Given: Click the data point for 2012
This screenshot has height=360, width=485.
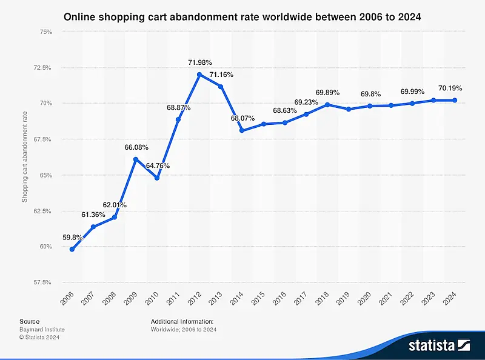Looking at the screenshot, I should click(x=199, y=75).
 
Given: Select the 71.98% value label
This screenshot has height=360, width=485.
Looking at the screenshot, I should click(x=199, y=62).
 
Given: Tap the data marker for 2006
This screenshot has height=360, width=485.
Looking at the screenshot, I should click(x=72, y=249).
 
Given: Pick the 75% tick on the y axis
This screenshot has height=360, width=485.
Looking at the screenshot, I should click(x=44, y=32).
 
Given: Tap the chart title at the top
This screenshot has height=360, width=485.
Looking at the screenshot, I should click(x=242, y=17).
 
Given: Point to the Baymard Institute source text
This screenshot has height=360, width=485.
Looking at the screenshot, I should click(x=42, y=330).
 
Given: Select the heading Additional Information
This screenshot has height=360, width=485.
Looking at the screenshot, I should click(x=182, y=321).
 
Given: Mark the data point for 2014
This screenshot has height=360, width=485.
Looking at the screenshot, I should click(x=242, y=130).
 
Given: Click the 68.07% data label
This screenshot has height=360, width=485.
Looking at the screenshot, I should click(x=242, y=119).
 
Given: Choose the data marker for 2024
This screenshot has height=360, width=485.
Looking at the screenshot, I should click(x=455, y=101).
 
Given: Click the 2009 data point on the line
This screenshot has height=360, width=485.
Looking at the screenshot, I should click(x=136, y=159).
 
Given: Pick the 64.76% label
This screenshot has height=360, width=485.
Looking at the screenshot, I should click(x=157, y=166).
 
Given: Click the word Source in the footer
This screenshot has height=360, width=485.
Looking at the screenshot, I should click(x=29, y=321).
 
